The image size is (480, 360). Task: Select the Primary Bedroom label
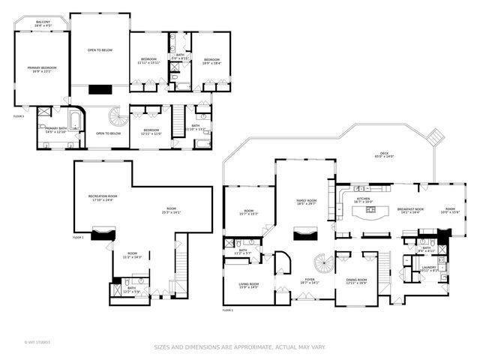tap(43, 69)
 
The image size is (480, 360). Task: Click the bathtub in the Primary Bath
tap(76, 121)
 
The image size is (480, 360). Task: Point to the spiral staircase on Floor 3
tap(118, 117)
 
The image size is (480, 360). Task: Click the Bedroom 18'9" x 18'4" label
tap(211, 61)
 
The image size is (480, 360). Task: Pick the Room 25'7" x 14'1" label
tap(172, 211)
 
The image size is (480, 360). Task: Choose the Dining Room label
tap(356, 282)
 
